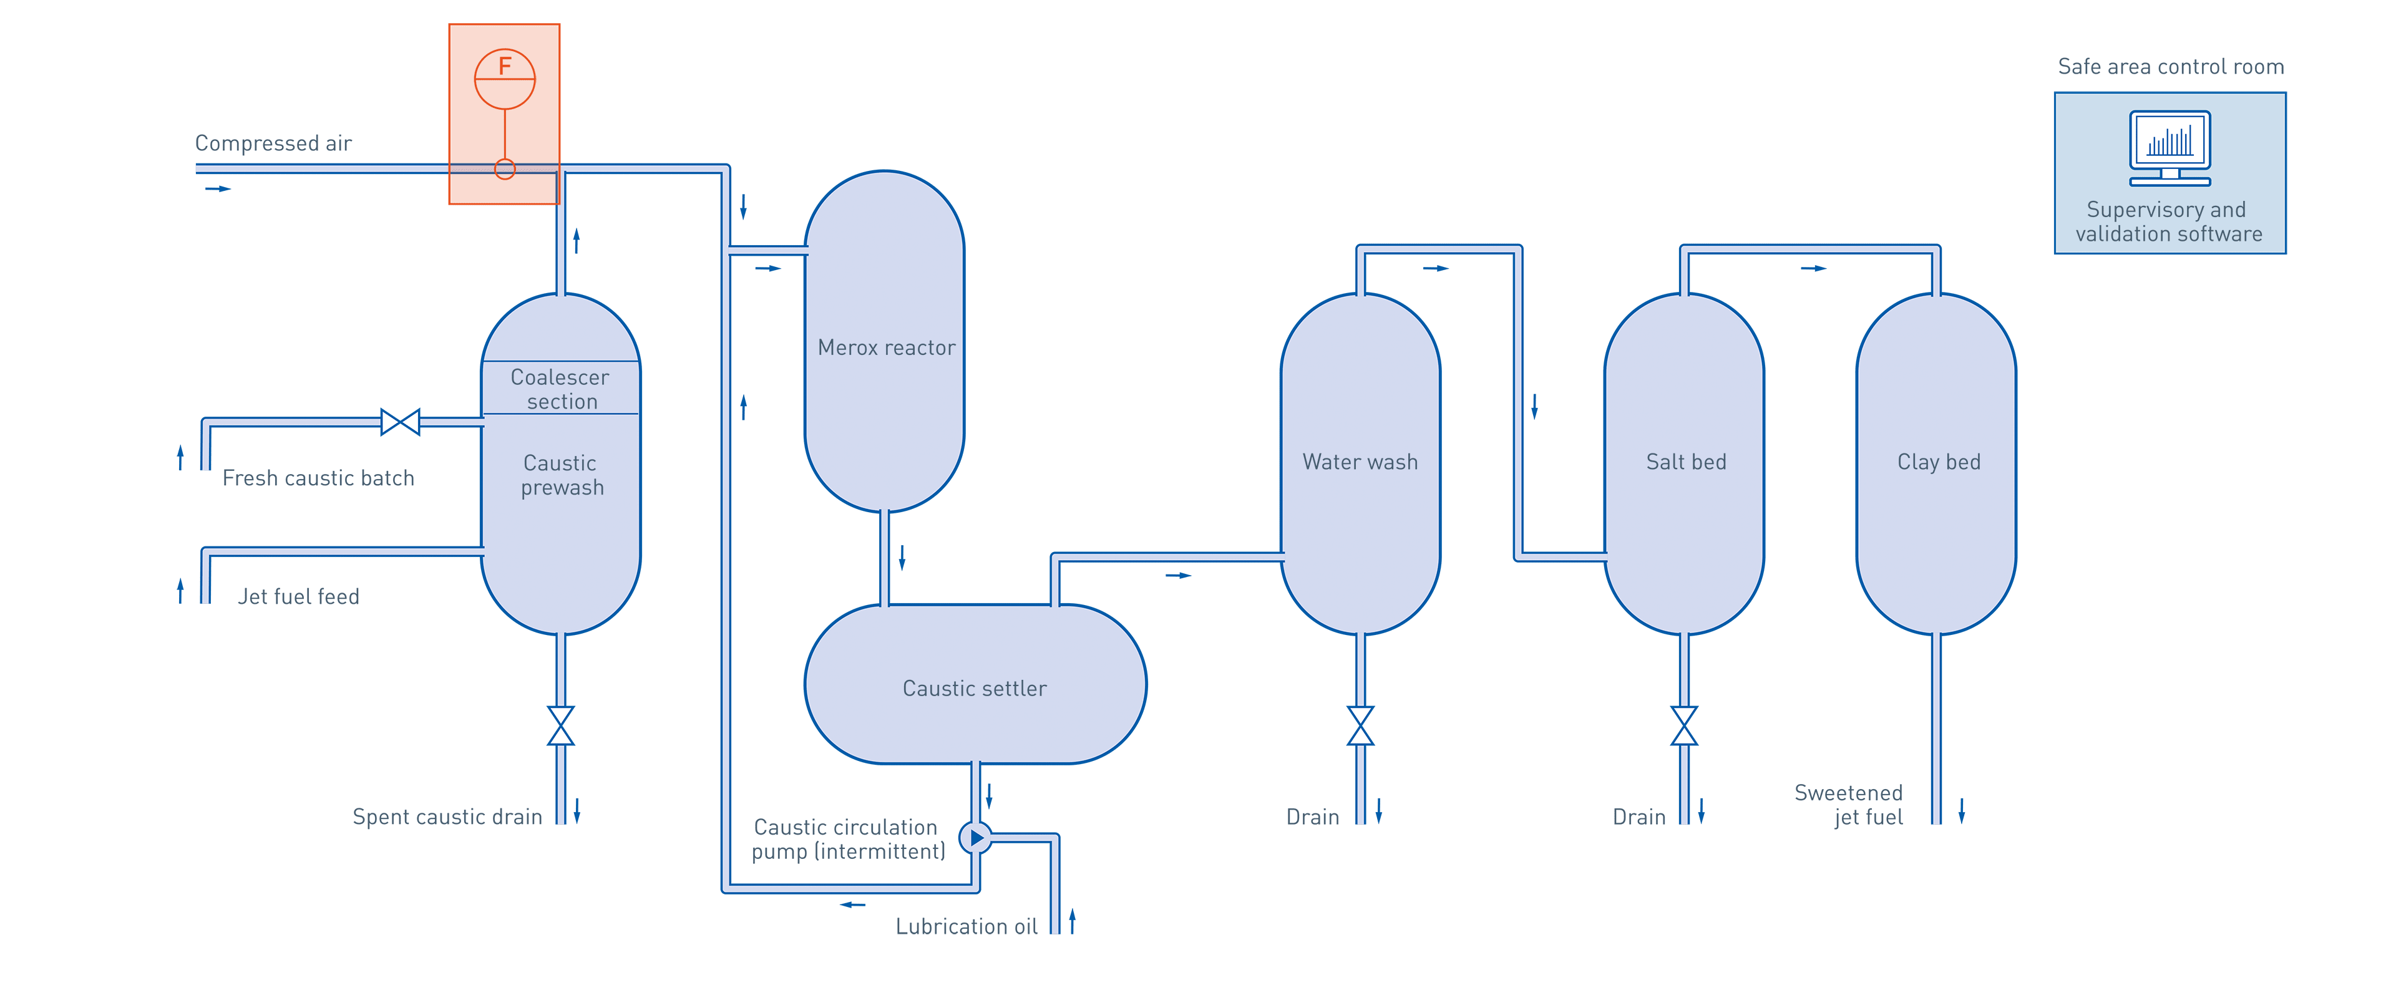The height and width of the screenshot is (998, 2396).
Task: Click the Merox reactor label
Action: click(885, 348)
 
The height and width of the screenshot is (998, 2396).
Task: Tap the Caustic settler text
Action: click(974, 688)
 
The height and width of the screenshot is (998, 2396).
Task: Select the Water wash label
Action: click(1360, 462)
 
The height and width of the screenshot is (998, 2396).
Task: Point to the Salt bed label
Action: click(1685, 462)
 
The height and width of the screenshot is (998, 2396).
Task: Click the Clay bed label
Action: click(1939, 462)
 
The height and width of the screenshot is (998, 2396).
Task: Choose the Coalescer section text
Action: click(560, 389)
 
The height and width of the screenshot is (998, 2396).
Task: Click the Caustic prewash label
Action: click(561, 475)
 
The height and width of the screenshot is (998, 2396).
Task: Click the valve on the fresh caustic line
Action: click(400, 422)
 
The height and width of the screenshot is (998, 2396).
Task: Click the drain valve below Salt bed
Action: click(1685, 725)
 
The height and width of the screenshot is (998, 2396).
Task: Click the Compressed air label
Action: click(273, 143)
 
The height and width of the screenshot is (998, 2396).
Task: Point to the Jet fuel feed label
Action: click(299, 596)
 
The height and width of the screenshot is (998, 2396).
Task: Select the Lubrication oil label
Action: click(967, 926)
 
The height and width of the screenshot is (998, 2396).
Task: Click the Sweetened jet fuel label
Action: click(1849, 805)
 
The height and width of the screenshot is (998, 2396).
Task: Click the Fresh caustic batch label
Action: click(318, 478)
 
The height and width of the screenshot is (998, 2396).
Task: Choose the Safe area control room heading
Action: click(2171, 67)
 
